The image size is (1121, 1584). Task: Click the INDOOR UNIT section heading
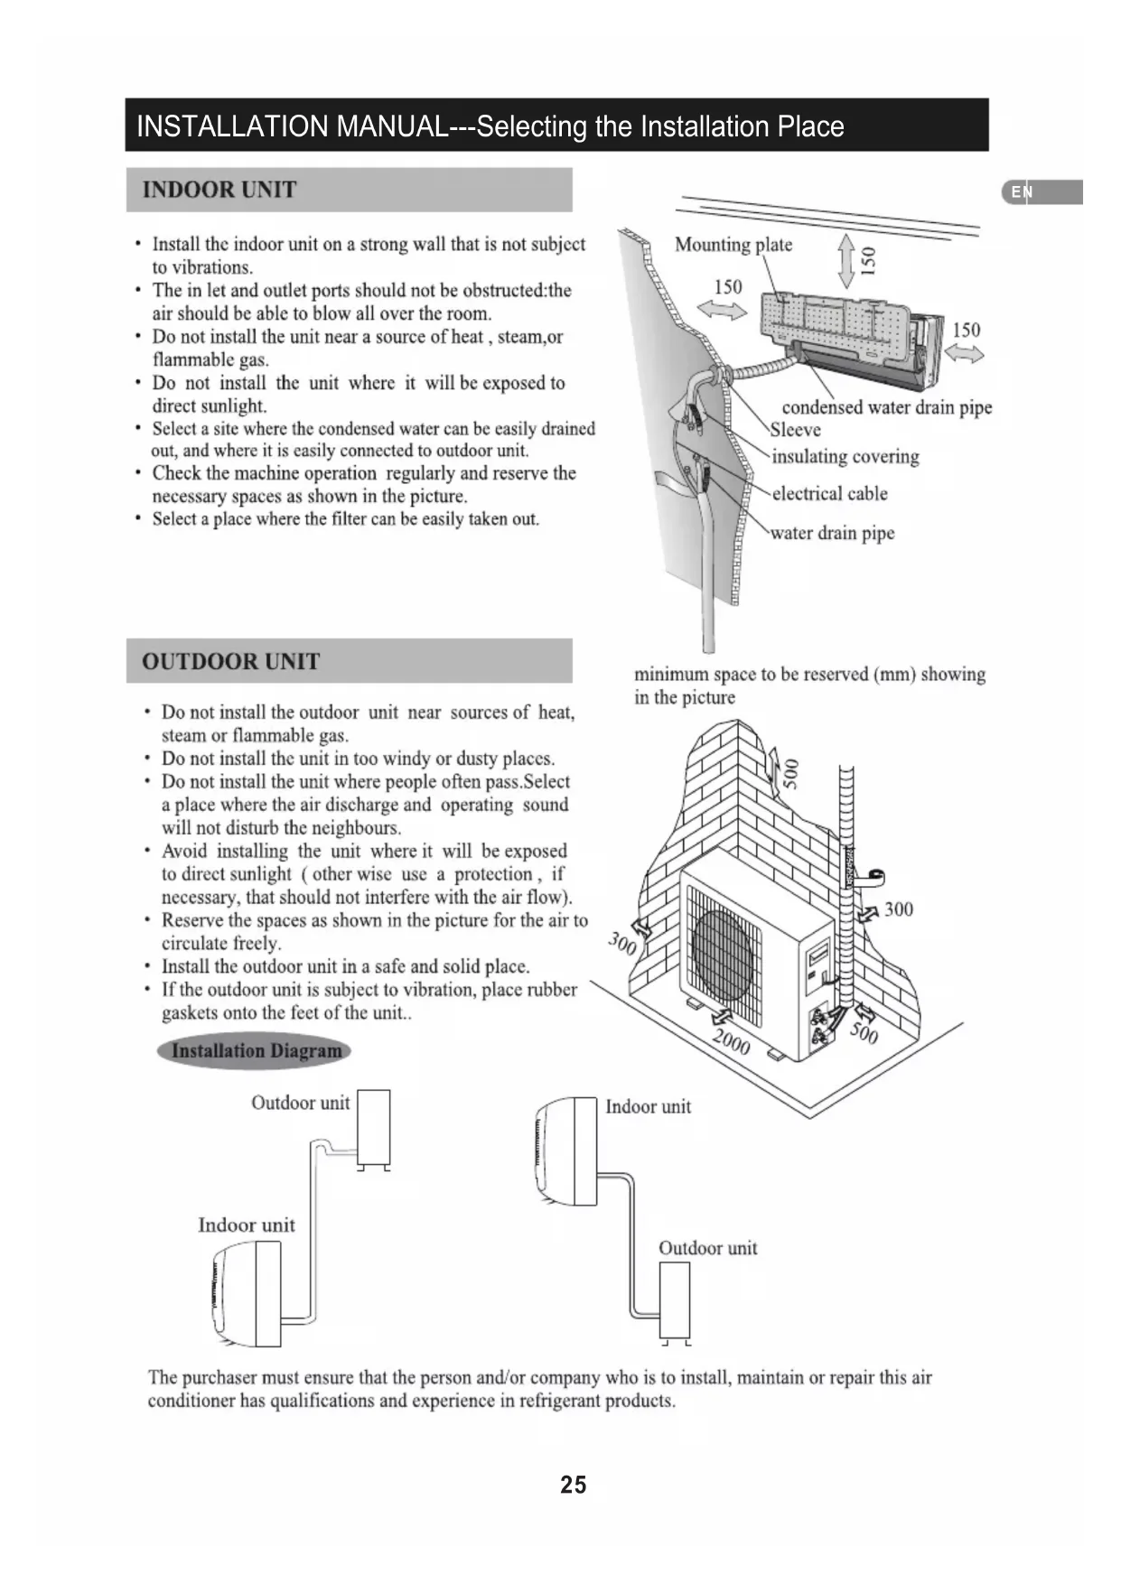(x=220, y=190)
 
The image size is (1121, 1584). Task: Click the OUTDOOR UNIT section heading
(x=230, y=661)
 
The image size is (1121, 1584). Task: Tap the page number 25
(x=573, y=1485)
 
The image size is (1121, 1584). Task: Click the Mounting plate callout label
(x=733, y=245)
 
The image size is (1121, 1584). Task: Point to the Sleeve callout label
(x=795, y=430)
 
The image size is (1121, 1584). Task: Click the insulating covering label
(x=845, y=457)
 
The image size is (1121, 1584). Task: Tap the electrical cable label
(x=829, y=494)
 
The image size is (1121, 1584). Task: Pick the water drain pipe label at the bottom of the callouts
(x=832, y=533)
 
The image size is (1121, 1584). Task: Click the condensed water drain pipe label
(x=886, y=407)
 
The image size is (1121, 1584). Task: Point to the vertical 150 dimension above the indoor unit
(x=868, y=260)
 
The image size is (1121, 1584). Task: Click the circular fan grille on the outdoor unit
(x=722, y=955)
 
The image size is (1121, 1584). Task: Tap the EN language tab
(x=1022, y=191)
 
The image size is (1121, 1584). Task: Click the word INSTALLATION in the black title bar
(x=232, y=126)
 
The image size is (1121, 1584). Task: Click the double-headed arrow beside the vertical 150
(x=846, y=260)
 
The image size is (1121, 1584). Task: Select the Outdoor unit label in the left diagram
(x=300, y=1103)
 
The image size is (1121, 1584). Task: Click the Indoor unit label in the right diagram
(x=648, y=1107)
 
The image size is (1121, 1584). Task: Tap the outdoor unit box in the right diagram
(x=675, y=1300)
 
